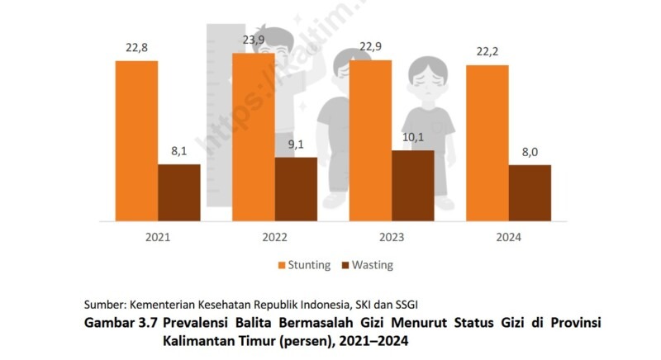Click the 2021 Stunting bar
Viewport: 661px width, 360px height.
pos(136,141)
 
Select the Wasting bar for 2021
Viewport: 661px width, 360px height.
pos(178,193)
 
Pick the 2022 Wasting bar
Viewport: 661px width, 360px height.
pos(296,190)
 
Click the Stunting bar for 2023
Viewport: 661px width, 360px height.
pos(370,141)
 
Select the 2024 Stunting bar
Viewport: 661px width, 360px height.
pos(487,143)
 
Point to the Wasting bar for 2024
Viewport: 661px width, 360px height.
pos(530,194)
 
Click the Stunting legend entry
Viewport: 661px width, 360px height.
pos(304,265)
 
